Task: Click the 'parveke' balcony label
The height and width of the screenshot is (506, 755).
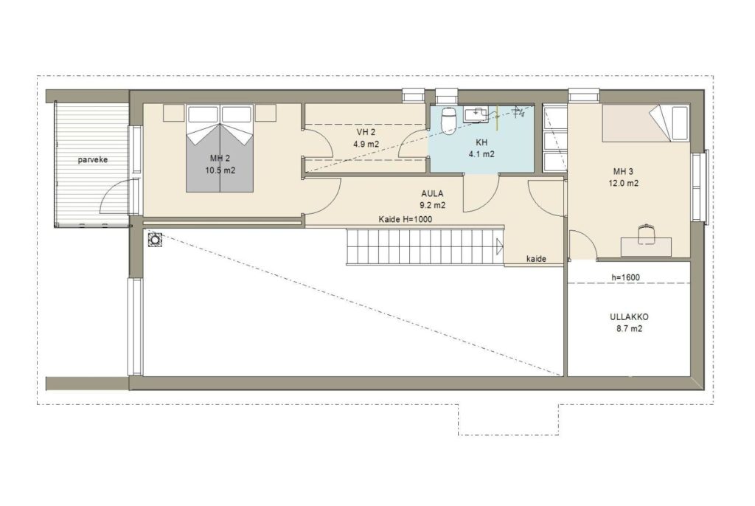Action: pos(93,159)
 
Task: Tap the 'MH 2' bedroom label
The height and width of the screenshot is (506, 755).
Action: pos(220,158)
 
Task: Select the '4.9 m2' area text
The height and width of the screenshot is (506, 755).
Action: pos(366,144)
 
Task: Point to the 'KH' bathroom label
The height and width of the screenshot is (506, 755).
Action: pos(481,142)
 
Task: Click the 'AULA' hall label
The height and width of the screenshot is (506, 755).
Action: pos(432,194)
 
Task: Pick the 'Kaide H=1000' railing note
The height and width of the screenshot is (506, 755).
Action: pos(406,219)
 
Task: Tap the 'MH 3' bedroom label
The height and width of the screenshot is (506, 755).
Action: pos(623,171)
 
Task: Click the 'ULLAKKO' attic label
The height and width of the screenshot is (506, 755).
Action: pos(629,317)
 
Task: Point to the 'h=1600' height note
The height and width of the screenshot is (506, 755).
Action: pos(625,277)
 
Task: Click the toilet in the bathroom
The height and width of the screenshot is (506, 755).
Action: pos(449,119)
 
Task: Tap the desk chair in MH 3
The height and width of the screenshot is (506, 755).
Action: pos(647,233)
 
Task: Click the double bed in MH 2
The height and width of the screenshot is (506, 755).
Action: pos(220,148)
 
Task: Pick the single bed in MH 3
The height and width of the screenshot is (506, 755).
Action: pos(645,124)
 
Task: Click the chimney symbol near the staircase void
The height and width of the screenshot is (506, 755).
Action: pos(155,239)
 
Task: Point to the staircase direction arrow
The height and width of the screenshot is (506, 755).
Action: pos(500,247)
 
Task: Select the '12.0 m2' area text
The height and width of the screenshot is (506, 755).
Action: pos(625,183)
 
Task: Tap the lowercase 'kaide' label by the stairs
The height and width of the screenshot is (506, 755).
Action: pos(536,259)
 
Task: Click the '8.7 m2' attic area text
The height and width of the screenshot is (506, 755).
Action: pos(629,329)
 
